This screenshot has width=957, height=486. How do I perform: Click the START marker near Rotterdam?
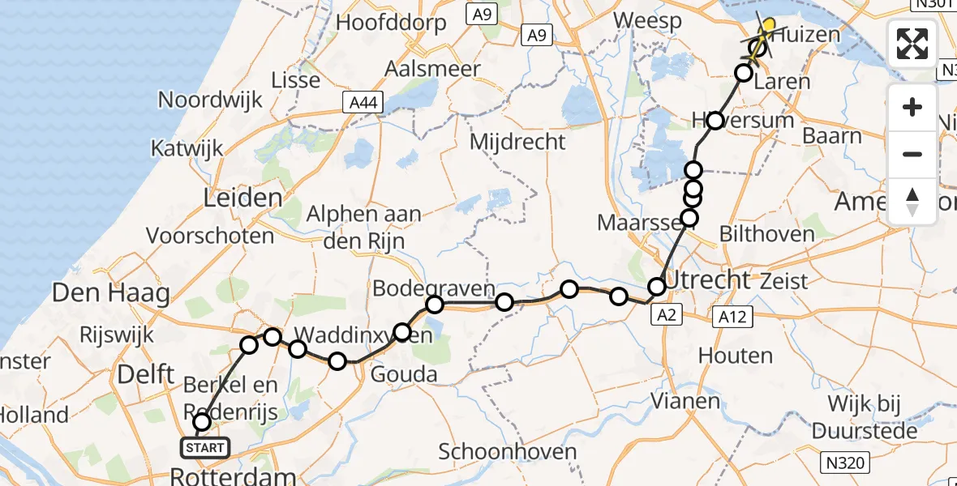200,447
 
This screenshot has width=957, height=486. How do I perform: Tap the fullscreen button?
912,44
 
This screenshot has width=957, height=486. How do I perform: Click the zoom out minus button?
912,154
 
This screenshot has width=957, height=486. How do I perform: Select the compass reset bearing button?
912,201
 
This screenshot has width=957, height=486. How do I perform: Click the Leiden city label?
244,198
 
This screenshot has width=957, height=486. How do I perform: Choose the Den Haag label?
110,292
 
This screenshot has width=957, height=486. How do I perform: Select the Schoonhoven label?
509,452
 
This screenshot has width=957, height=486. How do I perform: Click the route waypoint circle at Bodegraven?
435,305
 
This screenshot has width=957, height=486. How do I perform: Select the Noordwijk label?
210,100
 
